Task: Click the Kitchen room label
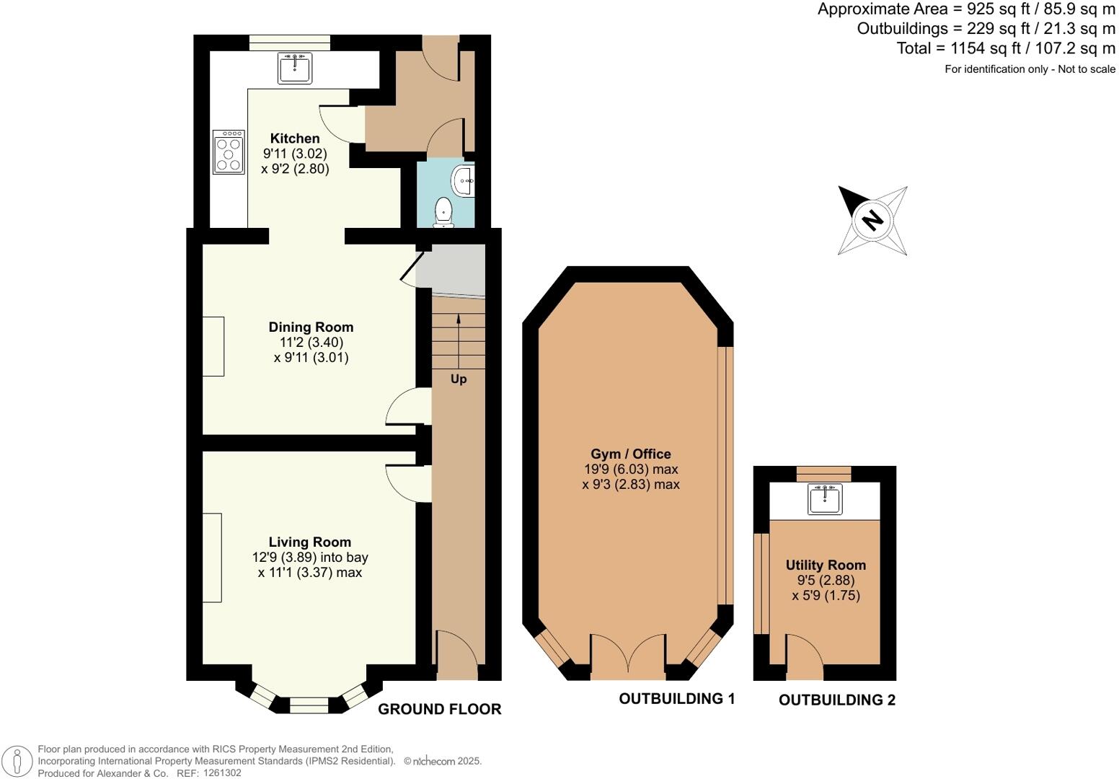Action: click(294, 138)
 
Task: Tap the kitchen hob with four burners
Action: click(229, 151)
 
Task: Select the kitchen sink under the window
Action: click(295, 69)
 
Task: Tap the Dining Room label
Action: click(311, 327)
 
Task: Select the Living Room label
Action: click(309, 542)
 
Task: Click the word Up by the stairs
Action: click(459, 379)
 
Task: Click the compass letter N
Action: click(872, 219)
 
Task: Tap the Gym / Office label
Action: click(631, 454)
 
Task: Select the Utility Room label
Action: click(826, 565)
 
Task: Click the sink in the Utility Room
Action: click(825, 499)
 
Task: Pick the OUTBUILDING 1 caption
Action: click(676, 698)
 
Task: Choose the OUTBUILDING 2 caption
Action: click(836, 700)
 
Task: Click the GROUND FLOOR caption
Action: click(439, 709)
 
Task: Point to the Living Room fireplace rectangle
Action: click(211, 557)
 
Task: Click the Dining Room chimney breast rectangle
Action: click(213, 346)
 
